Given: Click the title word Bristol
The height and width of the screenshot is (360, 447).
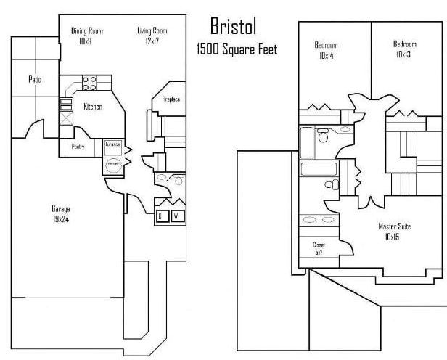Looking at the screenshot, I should pos(233,27).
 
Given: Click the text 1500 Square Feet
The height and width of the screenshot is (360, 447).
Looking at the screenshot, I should pos(237,49).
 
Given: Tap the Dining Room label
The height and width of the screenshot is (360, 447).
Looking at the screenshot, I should pos(86,30).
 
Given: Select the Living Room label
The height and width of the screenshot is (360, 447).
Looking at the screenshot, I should pos(152,30).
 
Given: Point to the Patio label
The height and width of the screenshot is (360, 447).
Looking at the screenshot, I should pos(34,79).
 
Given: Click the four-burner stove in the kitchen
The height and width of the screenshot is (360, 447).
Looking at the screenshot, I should pos(89,83).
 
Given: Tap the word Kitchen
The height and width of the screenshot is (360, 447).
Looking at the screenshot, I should pos(93,107).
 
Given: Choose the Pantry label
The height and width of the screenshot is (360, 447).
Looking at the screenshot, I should pos(78,147).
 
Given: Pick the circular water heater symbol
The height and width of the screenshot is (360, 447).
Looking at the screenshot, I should pos(112,164).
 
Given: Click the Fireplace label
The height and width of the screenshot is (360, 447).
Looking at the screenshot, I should pos(171,99).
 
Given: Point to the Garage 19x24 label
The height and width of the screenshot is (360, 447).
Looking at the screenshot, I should pos(60,213).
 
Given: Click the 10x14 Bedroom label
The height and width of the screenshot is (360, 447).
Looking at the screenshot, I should pos(326,50).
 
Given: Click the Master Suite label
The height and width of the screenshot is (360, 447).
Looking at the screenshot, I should pos(394,232).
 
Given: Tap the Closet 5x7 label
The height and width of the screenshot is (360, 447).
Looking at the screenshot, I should pos(319,249).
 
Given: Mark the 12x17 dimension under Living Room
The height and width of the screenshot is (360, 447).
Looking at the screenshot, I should pos(152,40).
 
